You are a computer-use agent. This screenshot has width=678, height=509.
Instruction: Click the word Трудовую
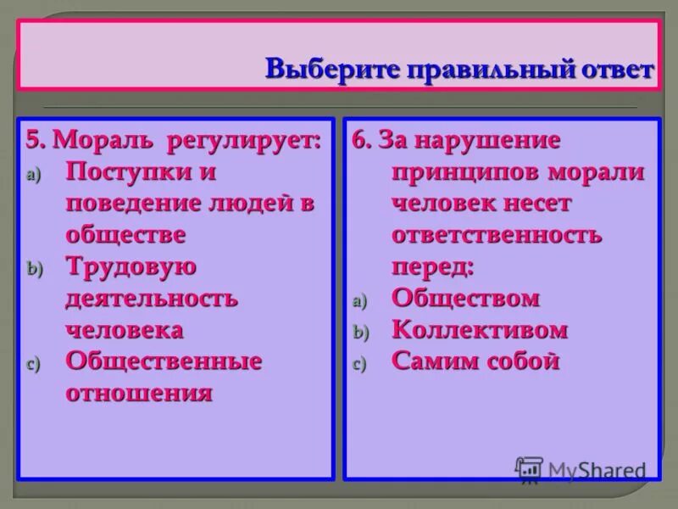131,266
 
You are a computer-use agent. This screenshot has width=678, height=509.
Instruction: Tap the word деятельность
152,299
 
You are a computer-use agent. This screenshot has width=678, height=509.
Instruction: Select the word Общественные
164,361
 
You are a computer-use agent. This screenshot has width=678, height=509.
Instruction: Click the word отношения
139,393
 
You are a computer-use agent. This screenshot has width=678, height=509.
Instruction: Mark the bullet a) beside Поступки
32,174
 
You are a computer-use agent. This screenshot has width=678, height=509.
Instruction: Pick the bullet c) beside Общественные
32,364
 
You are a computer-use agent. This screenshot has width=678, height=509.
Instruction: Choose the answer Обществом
465,299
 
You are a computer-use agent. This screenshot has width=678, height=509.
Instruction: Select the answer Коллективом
480,330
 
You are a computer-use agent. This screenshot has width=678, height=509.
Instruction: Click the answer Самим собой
475,361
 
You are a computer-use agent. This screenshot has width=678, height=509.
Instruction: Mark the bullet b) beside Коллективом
359,333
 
